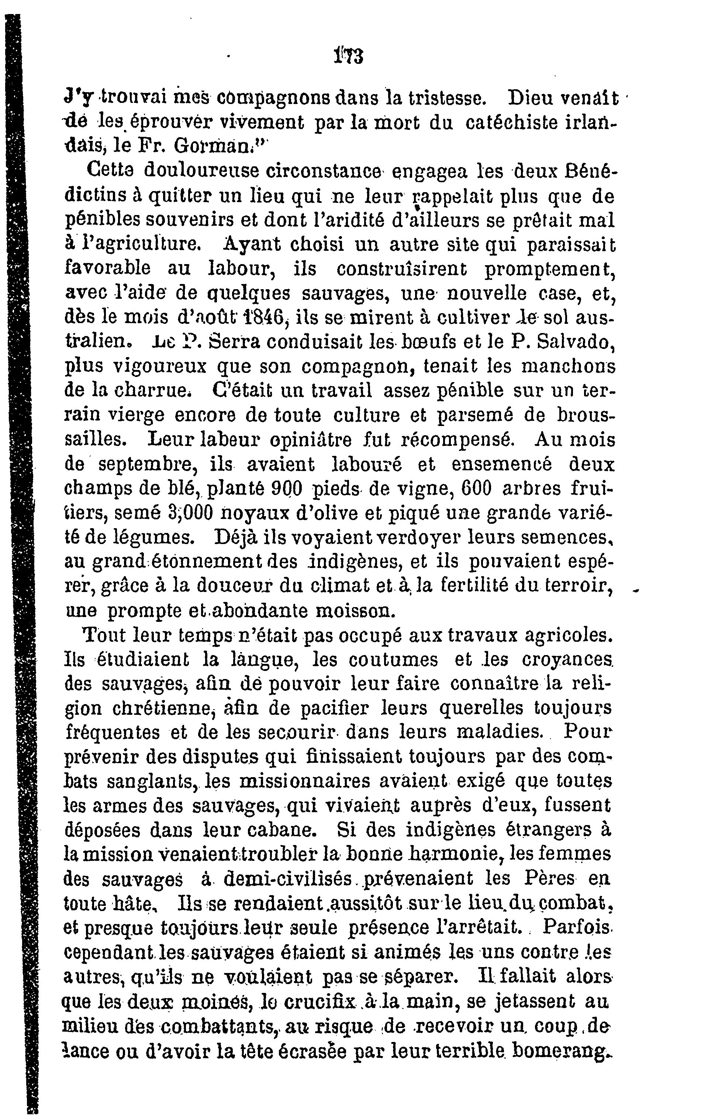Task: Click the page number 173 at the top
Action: [x=348, y=56]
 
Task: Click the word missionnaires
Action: [x=305, y=781]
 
